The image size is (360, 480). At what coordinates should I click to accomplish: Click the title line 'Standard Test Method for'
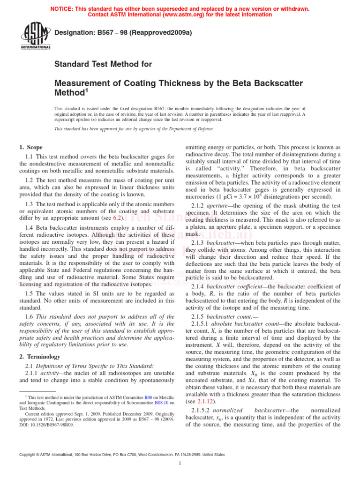103,64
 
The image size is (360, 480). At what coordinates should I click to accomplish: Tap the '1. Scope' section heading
31,147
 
